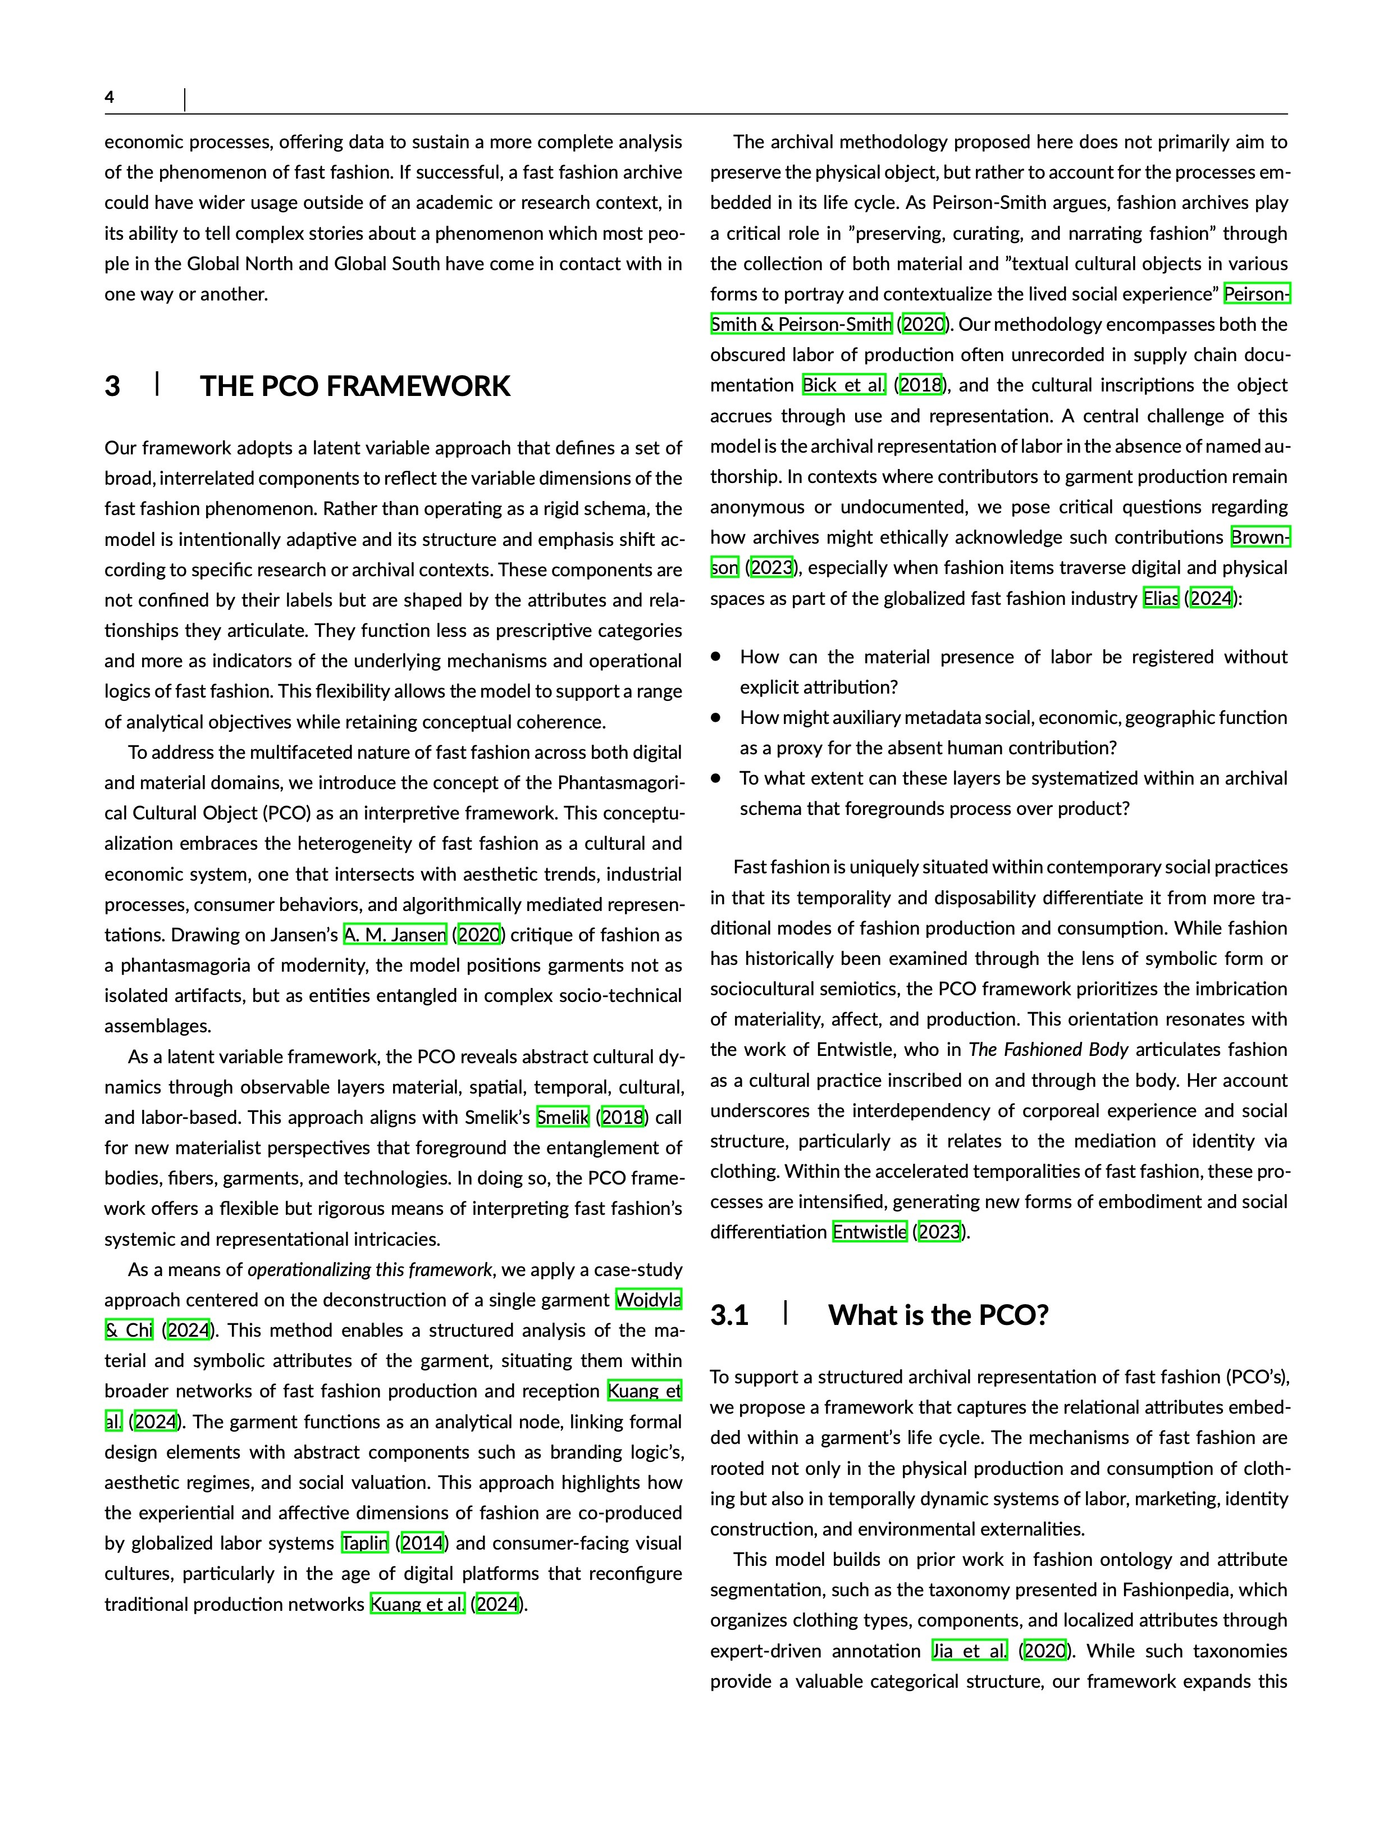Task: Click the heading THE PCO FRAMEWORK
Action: [x=355, y=386]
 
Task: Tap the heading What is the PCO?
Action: [x=938, y=1315]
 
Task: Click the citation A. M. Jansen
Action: [x=395, y=935]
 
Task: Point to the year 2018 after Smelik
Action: [x=623, y=1118]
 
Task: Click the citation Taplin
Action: [x=365, y=1543]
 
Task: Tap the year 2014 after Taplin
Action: [x=422, y=1543]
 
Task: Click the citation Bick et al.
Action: [x=844, y=386]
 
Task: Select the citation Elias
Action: [x=1160, y=599]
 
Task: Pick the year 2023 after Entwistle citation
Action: [x=939, y=1232]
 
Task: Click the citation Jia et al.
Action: [x=969, y=1651]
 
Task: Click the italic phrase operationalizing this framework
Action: [x=370, y=1270]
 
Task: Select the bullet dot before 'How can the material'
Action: [x=716, y=657]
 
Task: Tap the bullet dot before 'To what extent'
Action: [x=716, y=778]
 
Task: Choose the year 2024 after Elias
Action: [x=1211, y=599]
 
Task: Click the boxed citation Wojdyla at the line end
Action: [x=648, y=1300]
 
